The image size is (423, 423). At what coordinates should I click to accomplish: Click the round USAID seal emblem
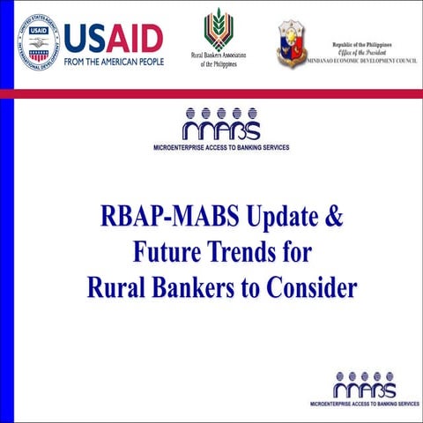[37, 41]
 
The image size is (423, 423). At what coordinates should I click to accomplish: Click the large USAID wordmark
[113, 37]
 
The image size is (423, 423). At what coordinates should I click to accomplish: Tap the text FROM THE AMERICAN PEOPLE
[113, 62]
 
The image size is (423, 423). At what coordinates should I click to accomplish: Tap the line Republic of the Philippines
[361, 44]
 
